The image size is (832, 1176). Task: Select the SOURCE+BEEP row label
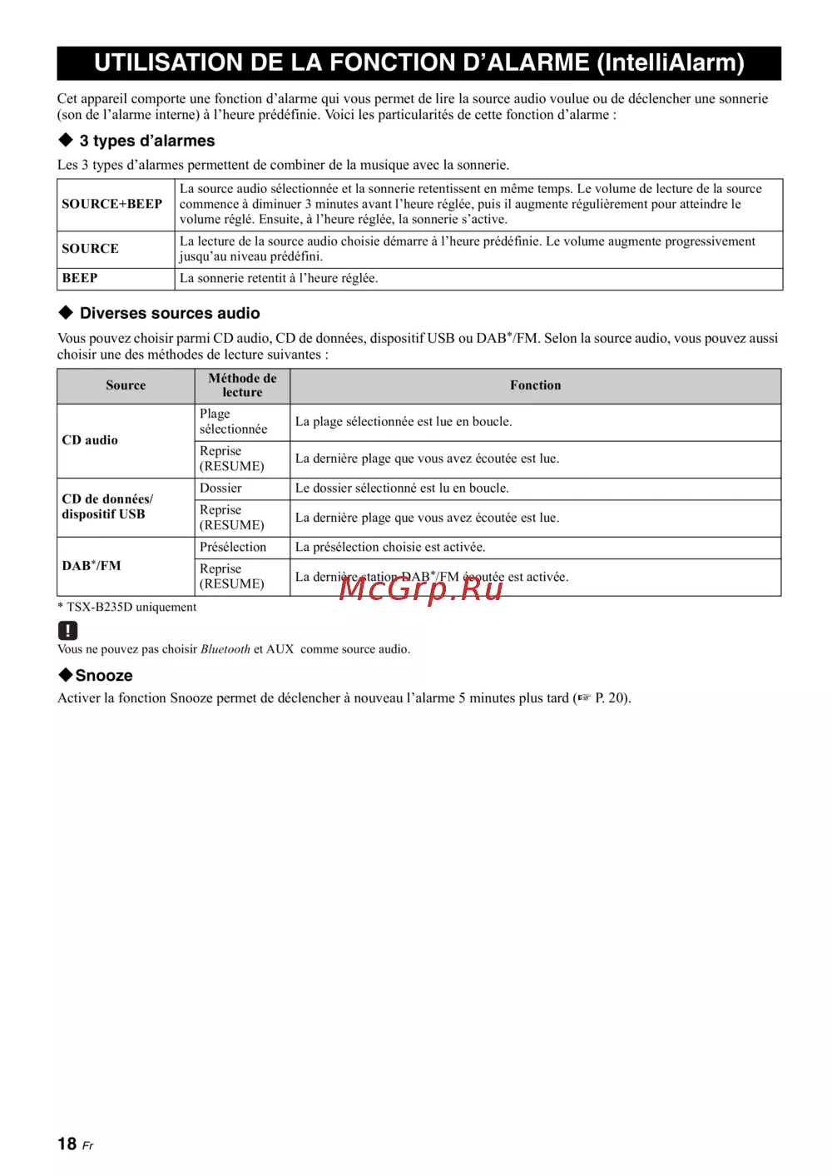click(111, 204)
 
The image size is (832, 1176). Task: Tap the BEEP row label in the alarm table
click(80, 278)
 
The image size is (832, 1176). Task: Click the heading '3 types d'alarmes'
click(147, 141)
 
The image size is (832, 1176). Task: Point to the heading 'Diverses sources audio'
click(170, 313)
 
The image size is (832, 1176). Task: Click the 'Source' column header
click(126, 385)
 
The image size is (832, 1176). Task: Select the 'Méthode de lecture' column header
click(242, 385)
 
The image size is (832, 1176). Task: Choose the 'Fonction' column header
click(535, 385)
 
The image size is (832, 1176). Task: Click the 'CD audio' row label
click(90, 440)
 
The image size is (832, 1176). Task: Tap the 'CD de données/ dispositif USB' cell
click(107, 507)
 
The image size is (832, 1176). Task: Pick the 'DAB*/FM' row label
click(92, 566)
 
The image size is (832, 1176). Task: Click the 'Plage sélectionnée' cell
click(233, 422)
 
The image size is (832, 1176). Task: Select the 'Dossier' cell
click(220, 489)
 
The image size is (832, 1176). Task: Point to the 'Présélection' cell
click(233, 547)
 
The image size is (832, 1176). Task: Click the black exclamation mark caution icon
click(67, 630)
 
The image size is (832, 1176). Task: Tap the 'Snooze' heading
click(104, 676)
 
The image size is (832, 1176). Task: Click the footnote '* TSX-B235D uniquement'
click(126, 608)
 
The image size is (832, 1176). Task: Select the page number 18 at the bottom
click(67, 1144)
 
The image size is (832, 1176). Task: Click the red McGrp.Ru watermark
click(421, 588)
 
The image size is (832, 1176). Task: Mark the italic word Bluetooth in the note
click(225, 649)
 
